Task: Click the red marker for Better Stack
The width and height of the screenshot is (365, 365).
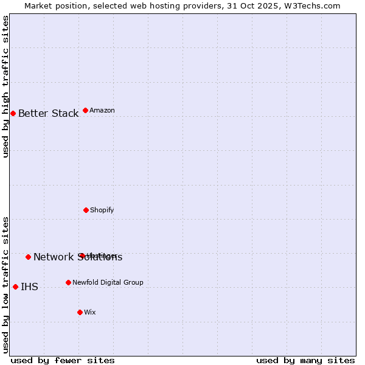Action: point(13,113)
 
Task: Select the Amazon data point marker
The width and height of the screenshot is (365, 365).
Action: point(85,110)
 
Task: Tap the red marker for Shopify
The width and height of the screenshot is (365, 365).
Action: point(86,210)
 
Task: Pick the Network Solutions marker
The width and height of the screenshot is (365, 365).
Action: point(28,257)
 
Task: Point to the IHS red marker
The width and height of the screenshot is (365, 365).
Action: point(15,287)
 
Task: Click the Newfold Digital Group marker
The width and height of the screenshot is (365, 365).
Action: point(68,282)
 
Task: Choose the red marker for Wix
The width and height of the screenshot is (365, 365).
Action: point(80,312)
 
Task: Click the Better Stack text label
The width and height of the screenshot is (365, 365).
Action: point(48,114)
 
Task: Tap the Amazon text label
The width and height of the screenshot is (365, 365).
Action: point(102,111)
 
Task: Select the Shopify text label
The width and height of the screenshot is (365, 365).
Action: point(102,210)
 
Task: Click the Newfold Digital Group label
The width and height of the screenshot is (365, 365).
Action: point(108,283)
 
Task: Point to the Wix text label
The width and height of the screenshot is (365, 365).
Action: point(90,313)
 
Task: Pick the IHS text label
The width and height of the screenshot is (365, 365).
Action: point(29,287)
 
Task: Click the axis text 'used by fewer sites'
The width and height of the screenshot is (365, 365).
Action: point(62,361)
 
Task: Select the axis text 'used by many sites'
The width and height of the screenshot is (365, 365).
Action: point(305,361)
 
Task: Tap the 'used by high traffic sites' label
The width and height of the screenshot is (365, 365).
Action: point(6,86)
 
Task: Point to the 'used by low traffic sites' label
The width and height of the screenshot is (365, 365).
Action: point(6,285)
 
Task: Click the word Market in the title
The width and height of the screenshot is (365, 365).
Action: point(38,6)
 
